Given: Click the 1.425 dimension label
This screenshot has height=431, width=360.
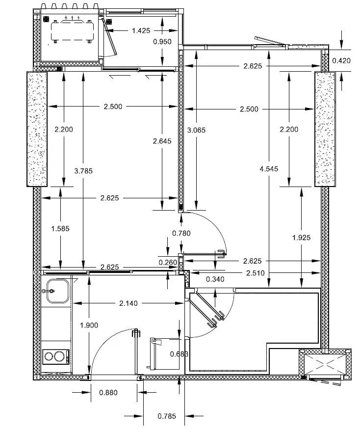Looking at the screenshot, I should pos(141,31).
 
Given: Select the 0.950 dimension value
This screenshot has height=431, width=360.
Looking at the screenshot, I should pos(162,41).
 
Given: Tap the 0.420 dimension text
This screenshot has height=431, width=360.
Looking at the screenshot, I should pos(341,61).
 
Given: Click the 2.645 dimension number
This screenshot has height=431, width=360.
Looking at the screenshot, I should pos(162,141).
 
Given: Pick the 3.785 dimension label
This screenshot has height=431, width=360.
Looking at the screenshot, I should pos(83,171).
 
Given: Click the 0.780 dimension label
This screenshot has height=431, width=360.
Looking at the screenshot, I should pos(181,233).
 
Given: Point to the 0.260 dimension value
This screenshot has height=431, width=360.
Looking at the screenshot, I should pos(168,262).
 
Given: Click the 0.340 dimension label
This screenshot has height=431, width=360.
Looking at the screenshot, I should pos(215,279).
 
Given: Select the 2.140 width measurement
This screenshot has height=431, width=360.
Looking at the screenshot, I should pos(129,303).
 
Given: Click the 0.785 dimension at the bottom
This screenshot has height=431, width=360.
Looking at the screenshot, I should pos(167,416).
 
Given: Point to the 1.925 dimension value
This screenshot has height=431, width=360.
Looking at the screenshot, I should pos(301,238).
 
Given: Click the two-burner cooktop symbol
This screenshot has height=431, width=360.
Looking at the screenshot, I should pos(55,356).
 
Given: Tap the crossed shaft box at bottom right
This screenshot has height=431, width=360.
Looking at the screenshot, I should pos(325,364).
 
